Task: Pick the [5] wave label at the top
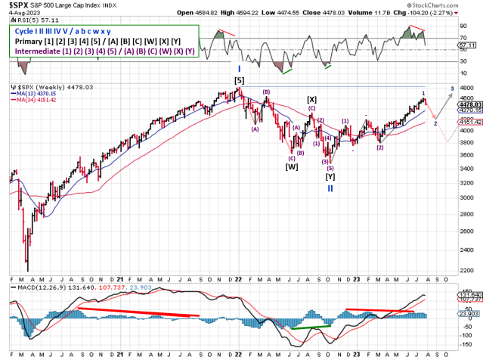(239, 80)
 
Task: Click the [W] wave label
(291, 166)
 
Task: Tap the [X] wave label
(312, 99)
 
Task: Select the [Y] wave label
(330, 176)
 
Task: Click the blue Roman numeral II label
(330, 188)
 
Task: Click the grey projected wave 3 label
(452, 88)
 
